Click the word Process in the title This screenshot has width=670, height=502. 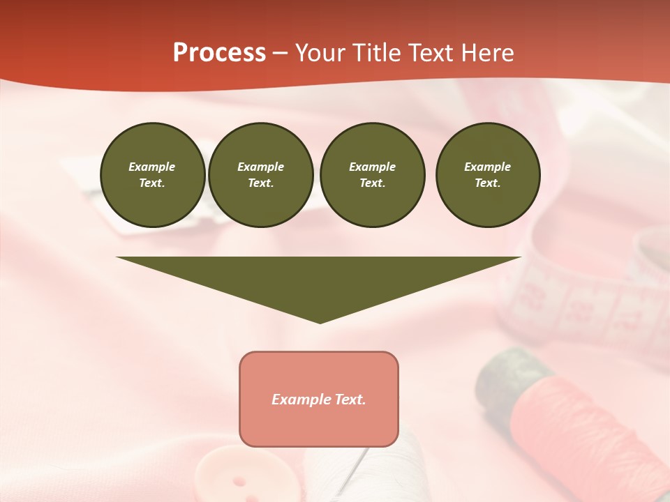click(x=219, y=53)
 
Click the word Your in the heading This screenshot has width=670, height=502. click(x=320, y=53)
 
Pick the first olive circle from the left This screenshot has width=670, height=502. click(x=152, y=175)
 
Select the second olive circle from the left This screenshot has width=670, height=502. click(x=260, y=175)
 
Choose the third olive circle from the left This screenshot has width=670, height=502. click(x=372, y=175)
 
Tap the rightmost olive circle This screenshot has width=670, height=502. click(x=487, y=175)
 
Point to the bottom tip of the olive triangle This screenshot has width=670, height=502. click(x=320, y=321)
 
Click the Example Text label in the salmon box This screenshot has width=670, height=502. click(x=319, y=400)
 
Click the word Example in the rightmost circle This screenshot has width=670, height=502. click(x=487, y=167)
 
